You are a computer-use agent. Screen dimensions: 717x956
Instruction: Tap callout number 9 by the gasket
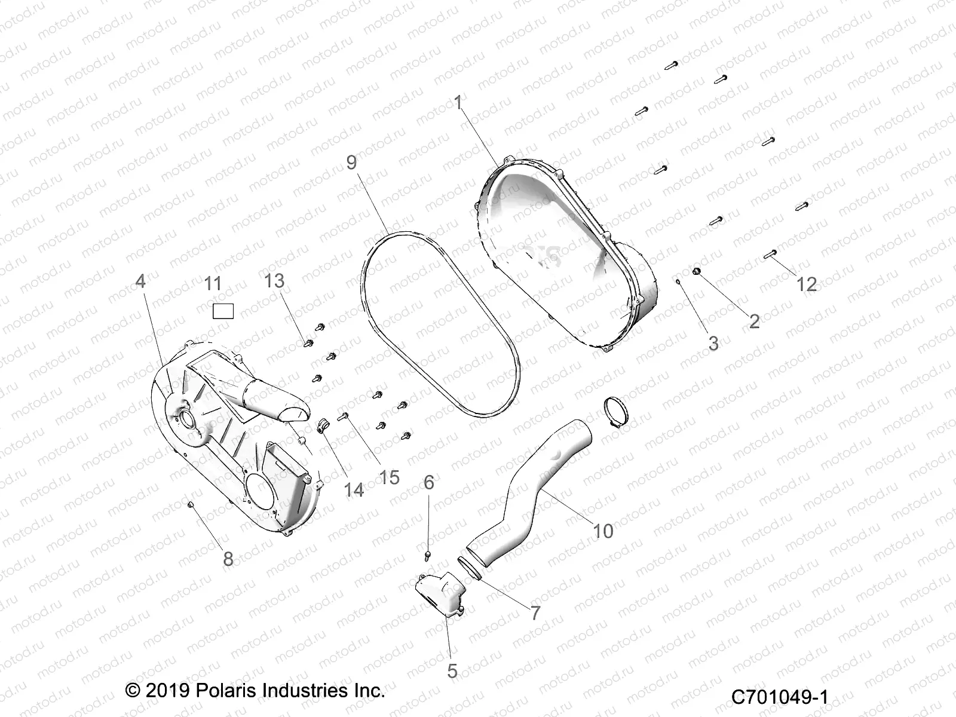click(351, 162)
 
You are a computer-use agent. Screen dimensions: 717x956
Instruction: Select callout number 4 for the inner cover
click(140, 281)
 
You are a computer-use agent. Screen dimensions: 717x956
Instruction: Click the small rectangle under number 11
click(223, 311)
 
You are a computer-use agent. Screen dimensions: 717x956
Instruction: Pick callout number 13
click(274, 281)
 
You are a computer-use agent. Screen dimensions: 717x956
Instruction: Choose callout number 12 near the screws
click(807, 284)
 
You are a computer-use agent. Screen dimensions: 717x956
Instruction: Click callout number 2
click(754, 321)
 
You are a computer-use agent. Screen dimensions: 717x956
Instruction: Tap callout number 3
click(713, 343)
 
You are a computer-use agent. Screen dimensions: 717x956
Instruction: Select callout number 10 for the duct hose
click(603, 531)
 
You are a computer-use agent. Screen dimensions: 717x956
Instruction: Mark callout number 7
click(535, 612)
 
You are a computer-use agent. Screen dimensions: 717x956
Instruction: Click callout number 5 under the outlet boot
click(452, 671)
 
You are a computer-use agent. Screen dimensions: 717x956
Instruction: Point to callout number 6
click(429, 482)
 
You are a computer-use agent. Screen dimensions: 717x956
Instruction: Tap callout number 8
click(228, 559)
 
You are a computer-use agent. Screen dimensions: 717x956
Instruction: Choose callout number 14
click(354, 490)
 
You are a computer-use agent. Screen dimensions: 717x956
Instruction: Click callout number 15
click(390, 477)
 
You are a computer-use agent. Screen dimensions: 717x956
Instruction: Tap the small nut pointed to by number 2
click(696, 272)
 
